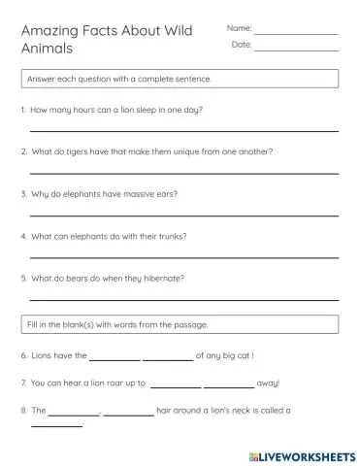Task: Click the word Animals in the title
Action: [48, 51]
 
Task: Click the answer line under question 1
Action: [184, 130]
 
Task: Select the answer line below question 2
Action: [184, 172]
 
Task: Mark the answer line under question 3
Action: [184, 215]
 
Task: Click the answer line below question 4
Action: [184, 256]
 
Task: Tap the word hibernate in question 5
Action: [162, 279]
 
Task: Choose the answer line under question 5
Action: [184, 299]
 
